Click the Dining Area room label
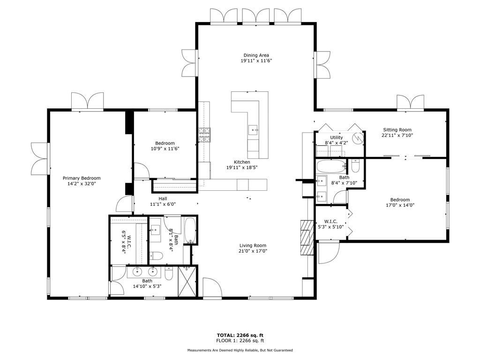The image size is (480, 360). click(256, 55)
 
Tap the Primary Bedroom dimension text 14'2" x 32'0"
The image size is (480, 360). click(82, 184)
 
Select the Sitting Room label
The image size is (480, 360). click(397, 130)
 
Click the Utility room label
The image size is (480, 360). click(337, 137)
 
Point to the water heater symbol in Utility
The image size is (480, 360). click(357, 138)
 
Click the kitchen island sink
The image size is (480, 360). click(253, 130)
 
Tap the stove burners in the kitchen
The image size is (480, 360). click(205, 135)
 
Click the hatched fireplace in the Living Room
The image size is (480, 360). click(307, 238)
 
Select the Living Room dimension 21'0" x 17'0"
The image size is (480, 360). click(253, 251)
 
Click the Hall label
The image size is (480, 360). click(163, 199)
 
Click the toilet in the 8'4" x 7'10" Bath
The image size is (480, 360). click(356, 165)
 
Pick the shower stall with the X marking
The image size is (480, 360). click(187, 281)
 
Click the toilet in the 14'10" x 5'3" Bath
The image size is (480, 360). click(169, 273)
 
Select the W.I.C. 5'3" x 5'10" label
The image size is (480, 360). click(331, 224)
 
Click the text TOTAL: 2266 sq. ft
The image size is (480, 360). click(240, 335)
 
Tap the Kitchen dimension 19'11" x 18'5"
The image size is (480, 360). click(242, 167)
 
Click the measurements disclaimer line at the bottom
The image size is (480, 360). click(240, 350)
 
